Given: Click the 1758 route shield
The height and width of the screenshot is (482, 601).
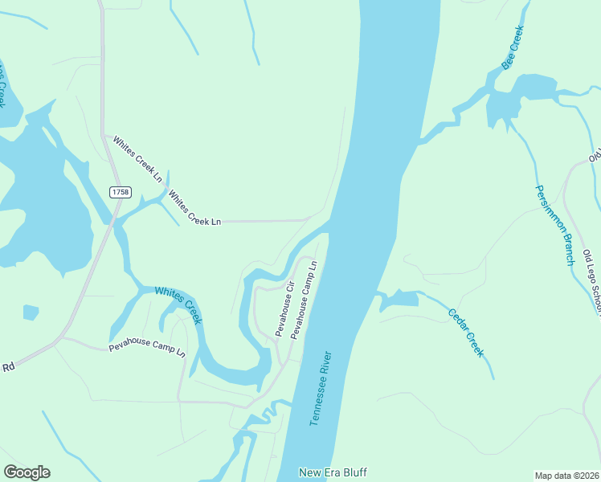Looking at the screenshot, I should (x=121, y=191).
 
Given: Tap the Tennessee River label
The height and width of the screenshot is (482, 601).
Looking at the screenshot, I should (x=321, y=389).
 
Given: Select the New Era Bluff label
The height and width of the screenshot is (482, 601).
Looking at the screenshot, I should (x=333, y=472).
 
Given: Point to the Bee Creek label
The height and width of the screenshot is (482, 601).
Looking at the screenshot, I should (x=513, y=47).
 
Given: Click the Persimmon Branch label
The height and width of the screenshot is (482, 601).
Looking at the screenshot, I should (x=555, y=225).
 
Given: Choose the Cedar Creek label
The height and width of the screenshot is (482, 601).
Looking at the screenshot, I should (x=465, y=333).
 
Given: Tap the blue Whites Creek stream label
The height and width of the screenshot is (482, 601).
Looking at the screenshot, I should (x=178, y=305).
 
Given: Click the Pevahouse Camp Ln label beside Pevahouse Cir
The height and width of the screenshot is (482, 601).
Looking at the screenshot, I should (x=305, y=299).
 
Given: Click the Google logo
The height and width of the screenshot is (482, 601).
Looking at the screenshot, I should (x=27, y=472).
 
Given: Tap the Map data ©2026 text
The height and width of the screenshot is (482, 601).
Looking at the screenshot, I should (x=566, y=476).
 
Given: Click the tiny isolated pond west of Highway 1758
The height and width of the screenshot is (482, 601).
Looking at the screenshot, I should (x=31, y=312).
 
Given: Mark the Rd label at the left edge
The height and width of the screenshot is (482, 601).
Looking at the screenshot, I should (x=9, y=367).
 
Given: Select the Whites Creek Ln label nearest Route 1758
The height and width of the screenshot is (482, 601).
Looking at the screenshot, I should (x=137, y=158).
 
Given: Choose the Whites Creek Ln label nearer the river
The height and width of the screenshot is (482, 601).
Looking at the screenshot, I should (x=194, y=207).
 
